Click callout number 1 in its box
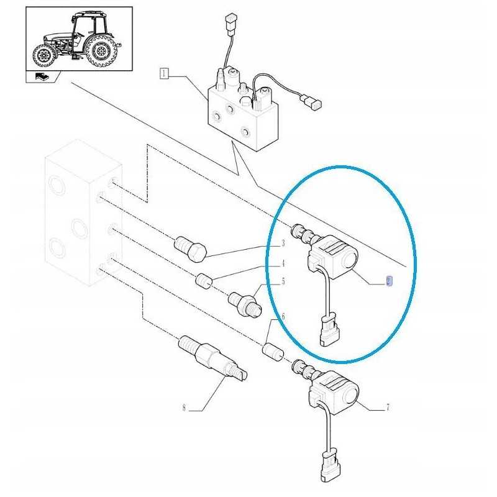pos(164,73)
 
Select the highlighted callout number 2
pos(388,281)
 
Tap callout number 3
pos(282,243)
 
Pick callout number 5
pos(283,281)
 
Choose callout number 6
pos(283,317)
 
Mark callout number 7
pos(388,408)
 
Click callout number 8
pos(184,408)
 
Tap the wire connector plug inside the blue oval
pos(327,329)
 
